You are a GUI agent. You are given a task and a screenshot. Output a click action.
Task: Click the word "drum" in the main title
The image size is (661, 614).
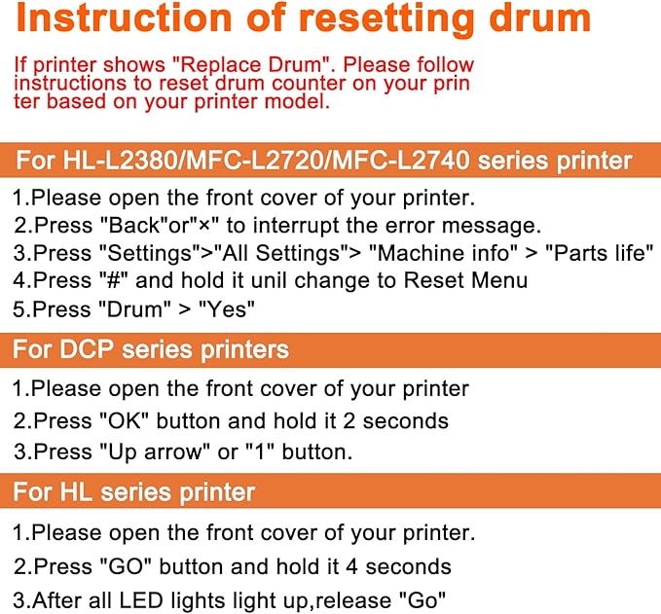540,18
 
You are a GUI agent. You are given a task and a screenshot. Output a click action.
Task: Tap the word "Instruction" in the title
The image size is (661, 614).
124,18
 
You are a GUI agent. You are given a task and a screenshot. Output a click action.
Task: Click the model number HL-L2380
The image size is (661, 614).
121,161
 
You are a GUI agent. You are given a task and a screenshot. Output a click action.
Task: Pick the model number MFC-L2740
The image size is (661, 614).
400,161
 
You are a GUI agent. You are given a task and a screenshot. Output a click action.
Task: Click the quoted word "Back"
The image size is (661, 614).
134,226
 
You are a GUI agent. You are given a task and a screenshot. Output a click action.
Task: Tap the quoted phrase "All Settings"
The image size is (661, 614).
280,253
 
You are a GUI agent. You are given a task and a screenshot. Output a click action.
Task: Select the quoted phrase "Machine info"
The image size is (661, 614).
443,253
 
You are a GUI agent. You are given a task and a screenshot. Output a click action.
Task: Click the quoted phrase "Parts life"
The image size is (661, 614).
599,253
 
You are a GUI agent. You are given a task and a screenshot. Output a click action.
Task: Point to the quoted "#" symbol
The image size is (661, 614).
113,280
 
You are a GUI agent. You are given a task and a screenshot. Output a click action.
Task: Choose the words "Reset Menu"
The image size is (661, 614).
465,280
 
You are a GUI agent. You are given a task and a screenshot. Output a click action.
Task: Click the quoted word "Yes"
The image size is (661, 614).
227,309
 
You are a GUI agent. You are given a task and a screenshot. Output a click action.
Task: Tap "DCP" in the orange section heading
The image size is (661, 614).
87,349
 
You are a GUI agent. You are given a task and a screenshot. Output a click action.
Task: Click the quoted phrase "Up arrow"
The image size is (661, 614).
155,452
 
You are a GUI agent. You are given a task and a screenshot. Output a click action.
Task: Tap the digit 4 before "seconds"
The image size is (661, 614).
351,566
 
